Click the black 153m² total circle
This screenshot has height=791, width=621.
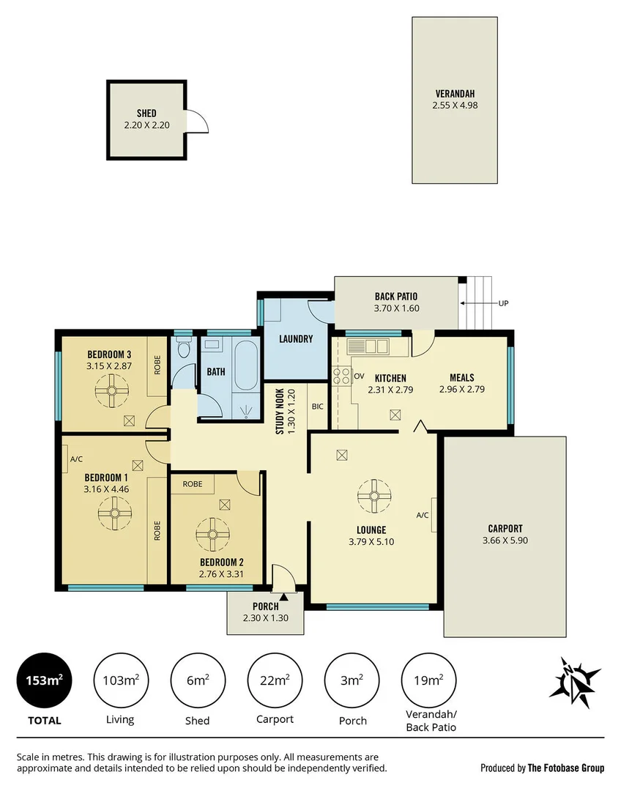(44, 680)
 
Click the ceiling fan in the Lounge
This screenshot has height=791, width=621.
(374, 497)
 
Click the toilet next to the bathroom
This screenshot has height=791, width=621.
(183, 351)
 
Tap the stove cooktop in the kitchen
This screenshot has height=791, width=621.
(341, 376)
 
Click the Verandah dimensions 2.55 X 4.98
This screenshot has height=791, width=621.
(455, 105)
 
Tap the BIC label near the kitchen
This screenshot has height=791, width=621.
(317, 406)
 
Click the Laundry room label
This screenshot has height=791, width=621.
(296, 339)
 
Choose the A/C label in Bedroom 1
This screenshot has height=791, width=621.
(75, 459)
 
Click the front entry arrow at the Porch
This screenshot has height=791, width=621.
(282, 597)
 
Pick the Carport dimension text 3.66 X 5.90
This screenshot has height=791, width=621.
(505, 541)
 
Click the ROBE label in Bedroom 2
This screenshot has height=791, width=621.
(193, 484)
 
